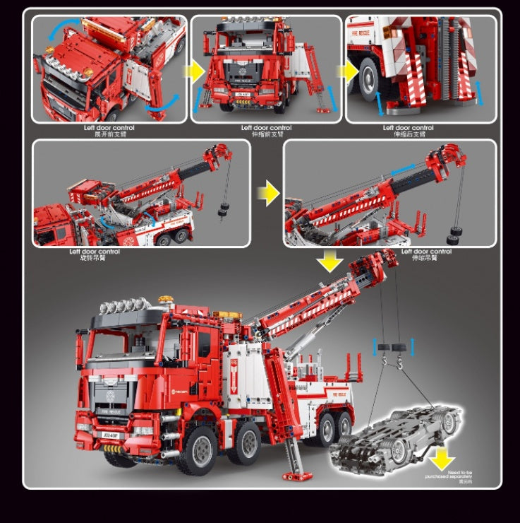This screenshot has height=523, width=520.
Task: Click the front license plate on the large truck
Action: [111, 435]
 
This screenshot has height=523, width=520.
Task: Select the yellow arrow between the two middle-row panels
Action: [267, 193]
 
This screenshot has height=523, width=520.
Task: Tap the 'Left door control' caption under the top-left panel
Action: [108, 128]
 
